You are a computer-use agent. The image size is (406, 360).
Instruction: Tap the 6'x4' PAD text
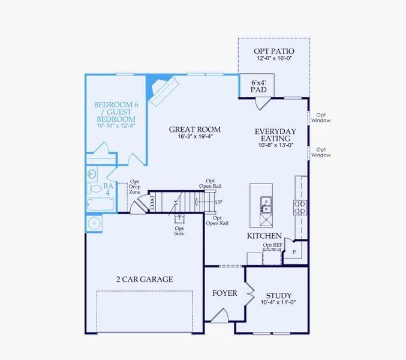(x=258, y=85)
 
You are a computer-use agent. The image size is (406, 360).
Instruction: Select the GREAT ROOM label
(x=194, y=129)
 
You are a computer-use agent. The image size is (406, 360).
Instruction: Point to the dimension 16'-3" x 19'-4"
(x=194, y=137)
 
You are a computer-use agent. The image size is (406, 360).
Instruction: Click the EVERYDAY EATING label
(x=275, y=135)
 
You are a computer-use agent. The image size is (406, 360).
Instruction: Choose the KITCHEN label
(x=264, y=236)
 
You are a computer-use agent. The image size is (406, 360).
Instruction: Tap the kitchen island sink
(x=265, y=202)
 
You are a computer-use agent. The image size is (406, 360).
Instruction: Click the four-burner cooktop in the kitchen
(x=300, y=207)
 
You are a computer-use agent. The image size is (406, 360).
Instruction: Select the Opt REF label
(x=272, y=245)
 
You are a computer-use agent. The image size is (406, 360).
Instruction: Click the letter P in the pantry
(x=294, y=253)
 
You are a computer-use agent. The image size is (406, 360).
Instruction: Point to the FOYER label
(x=225, y=293)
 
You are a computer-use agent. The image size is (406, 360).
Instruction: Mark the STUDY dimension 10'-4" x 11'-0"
(x=279, y=303)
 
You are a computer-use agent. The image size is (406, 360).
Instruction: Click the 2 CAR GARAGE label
(x=145, y=279)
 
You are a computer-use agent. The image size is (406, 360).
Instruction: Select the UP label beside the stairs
(x=219, y=202)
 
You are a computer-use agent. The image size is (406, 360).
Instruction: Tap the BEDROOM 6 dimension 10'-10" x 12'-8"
(x=115, y=126)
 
